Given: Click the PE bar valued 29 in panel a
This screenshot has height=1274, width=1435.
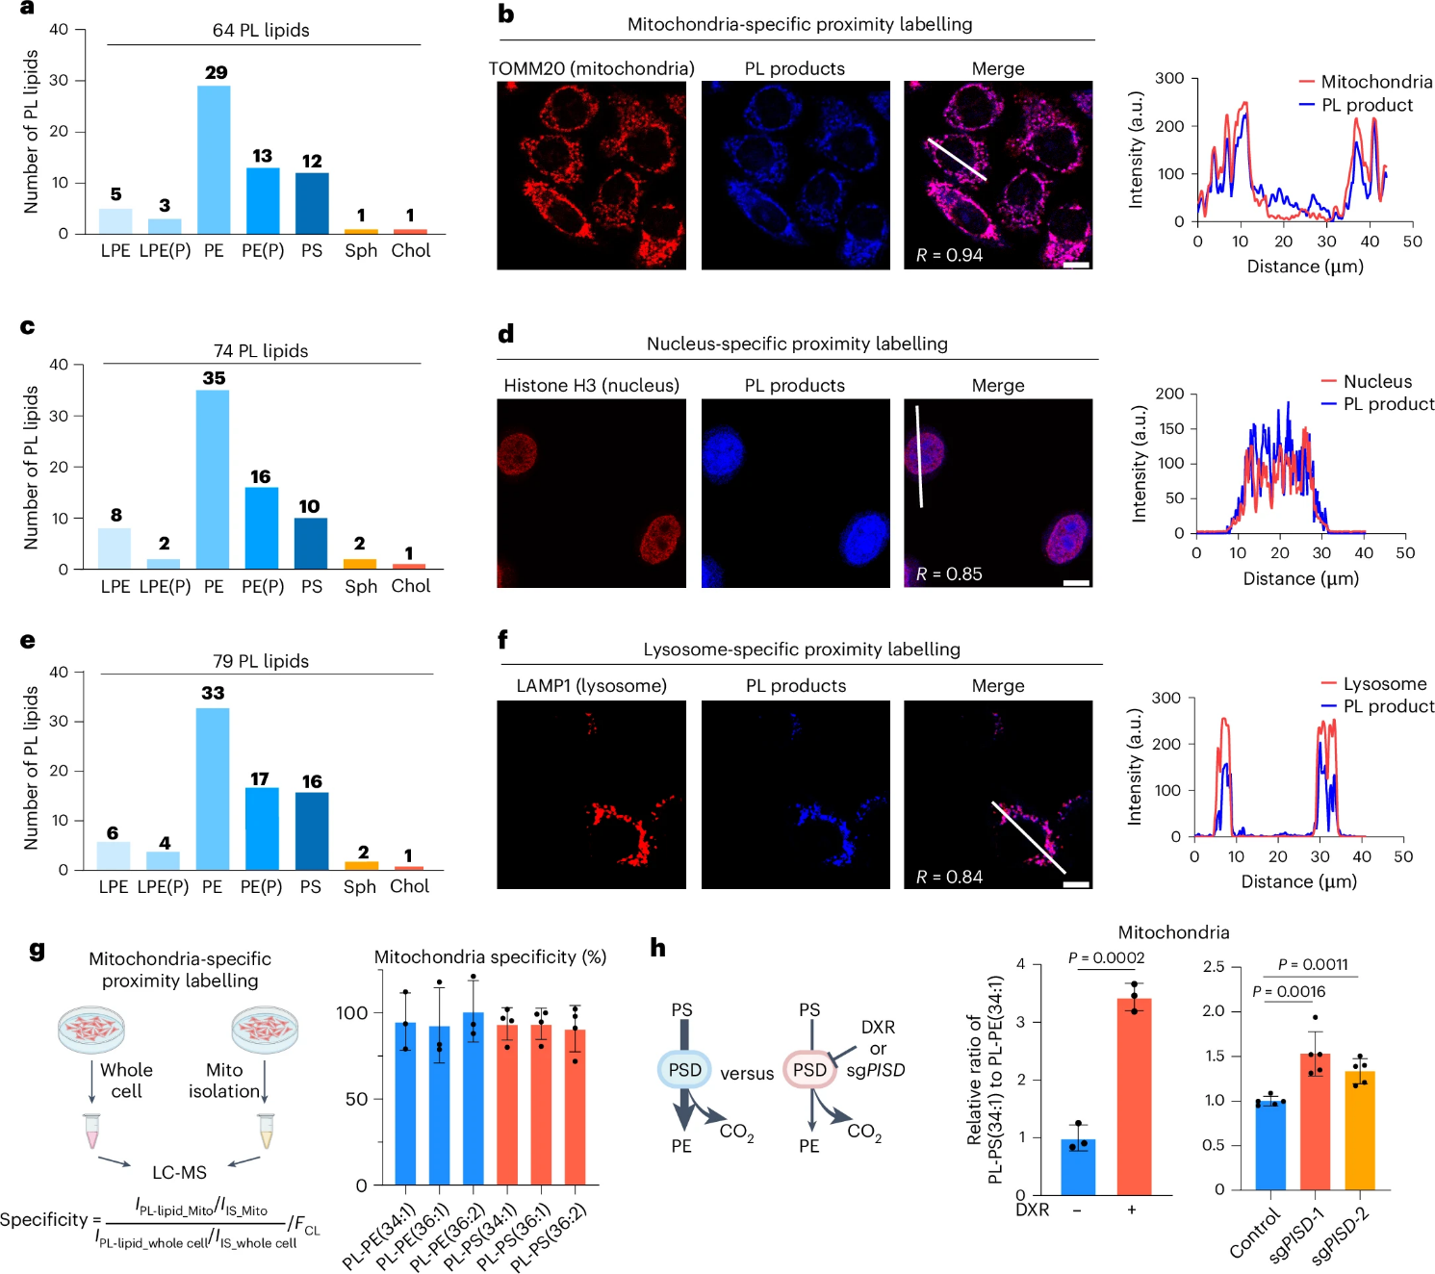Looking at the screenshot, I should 214,159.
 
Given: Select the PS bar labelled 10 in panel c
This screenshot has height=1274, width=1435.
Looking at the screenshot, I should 311,544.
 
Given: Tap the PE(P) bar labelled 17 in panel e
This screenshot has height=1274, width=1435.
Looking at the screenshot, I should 262,828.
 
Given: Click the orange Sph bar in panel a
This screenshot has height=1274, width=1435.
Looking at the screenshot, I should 361,231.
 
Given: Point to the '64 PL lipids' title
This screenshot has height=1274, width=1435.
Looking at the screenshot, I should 261,31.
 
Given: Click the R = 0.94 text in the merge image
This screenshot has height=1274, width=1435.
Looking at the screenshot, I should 949,255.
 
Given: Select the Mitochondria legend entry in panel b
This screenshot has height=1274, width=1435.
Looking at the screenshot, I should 1375,82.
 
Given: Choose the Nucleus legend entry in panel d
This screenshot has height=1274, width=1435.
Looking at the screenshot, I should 1377,382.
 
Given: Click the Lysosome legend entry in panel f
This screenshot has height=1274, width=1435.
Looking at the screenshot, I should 1384,684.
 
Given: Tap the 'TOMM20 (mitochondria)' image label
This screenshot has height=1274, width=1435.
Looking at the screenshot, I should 591,69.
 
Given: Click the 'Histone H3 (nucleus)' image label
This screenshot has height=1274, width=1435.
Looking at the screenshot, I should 591,386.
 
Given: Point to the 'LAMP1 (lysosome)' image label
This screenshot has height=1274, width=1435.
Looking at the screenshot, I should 591,686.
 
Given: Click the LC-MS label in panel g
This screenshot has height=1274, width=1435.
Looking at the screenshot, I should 179,1173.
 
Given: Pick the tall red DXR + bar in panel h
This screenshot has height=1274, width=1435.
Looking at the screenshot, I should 1134,1097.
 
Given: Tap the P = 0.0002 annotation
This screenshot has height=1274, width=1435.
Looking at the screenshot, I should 1106,958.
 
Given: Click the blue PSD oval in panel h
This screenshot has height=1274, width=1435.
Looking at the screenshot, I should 684,1070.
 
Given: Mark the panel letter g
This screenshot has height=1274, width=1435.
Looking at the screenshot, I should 37,950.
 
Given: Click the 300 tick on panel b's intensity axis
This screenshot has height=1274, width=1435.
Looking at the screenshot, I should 1169,79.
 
